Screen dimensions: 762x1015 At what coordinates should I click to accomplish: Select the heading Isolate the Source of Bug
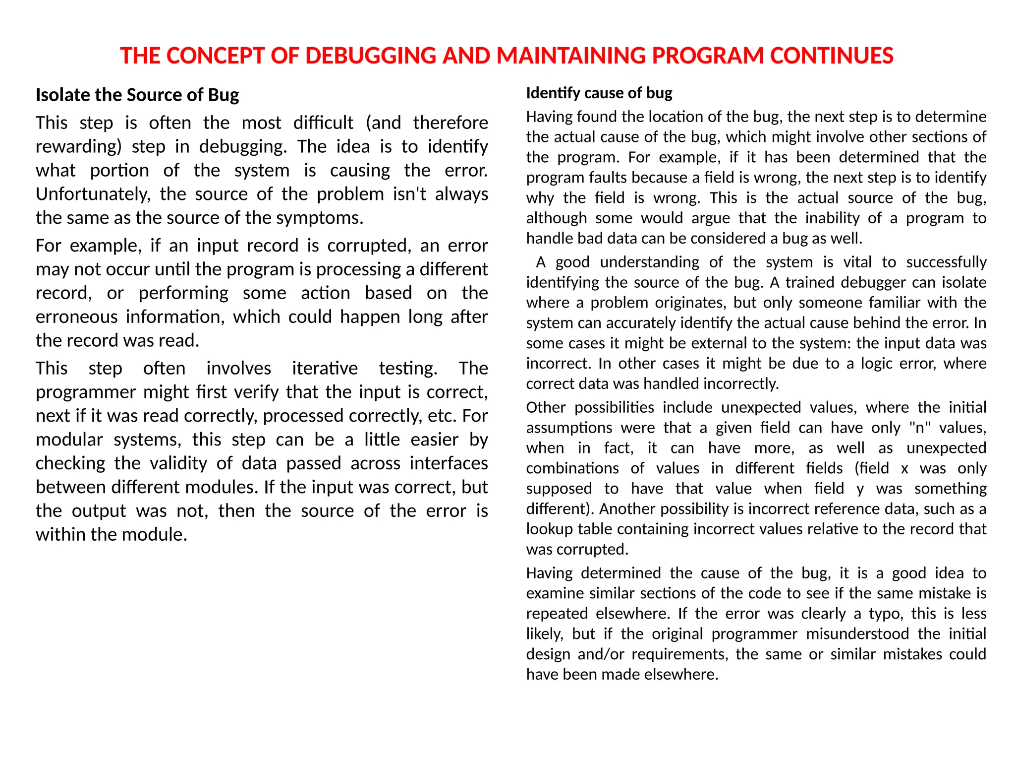click(x=137, y=95)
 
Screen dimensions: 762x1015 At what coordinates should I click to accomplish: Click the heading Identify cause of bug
click(x=599, y=93)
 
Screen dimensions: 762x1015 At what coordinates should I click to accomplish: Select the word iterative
click(x=325, y=368)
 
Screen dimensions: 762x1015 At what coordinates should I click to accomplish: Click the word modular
click(x=69, y=440)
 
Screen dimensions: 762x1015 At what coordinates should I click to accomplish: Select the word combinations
click(x=572, y=468)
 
